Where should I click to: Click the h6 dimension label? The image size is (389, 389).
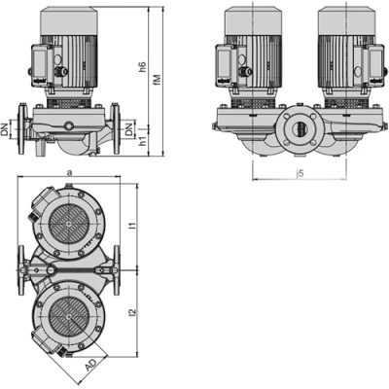pos(143,67)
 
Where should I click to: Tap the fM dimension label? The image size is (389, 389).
pos(157,80)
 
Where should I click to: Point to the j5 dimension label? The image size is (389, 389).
pos(301,174)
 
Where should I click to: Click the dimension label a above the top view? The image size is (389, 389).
pos(68,173)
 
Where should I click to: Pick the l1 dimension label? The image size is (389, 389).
pos(132,226)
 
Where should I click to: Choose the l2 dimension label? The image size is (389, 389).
pos(132,312)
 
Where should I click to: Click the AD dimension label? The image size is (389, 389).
pos(90,365)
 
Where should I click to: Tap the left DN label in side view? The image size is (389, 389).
pos(5,130)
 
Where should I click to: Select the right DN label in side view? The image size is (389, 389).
pos(129,129)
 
